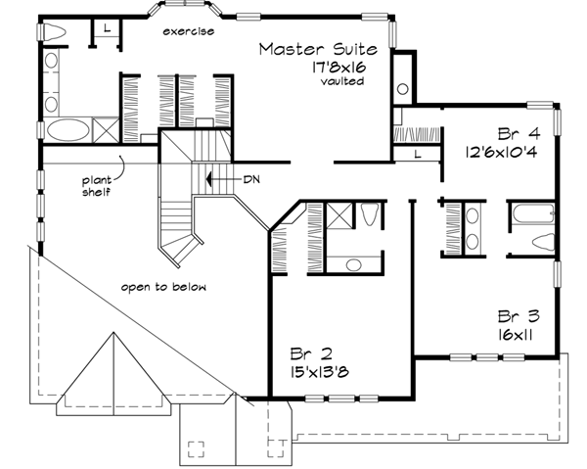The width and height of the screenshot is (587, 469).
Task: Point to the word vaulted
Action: point(340,81)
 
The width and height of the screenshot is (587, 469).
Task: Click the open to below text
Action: point(164,286)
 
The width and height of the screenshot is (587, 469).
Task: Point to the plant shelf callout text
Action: point(95,186)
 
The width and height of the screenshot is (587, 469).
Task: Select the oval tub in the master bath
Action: point(66,129)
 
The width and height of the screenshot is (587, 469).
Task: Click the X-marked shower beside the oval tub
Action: point(103,128)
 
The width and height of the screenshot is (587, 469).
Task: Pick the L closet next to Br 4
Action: point(416,155)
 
